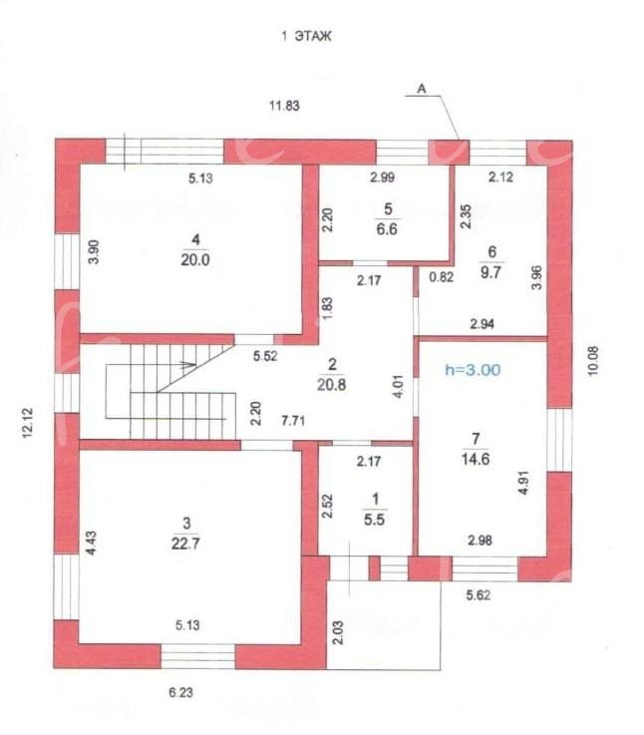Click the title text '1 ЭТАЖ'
[306, 36]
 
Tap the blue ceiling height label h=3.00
[473, 370]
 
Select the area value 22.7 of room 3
[185, 544]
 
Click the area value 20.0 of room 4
[195, 259]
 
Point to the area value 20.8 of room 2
[331, 384]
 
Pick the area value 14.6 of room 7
[476, 459]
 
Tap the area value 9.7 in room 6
[490, 272]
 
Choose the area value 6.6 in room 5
[387, 229]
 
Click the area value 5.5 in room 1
[374, 520]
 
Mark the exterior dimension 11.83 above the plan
[284, 106]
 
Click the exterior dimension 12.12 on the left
[28, 423]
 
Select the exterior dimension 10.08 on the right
[593, 360]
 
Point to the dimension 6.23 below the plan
[180, 692]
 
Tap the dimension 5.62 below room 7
[479, 594]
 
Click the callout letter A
[422, 88]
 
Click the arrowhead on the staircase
[189, 364]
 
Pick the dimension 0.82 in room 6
[441, 277]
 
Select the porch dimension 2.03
[338, 633]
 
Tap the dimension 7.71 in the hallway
[293, 420]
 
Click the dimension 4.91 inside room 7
[524, 483]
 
